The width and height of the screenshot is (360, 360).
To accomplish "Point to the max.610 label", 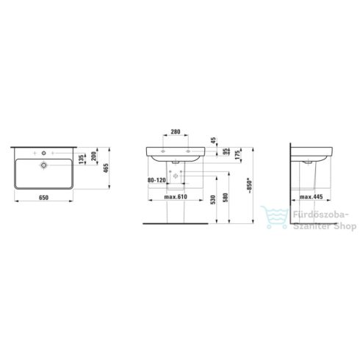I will (176, 197).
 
